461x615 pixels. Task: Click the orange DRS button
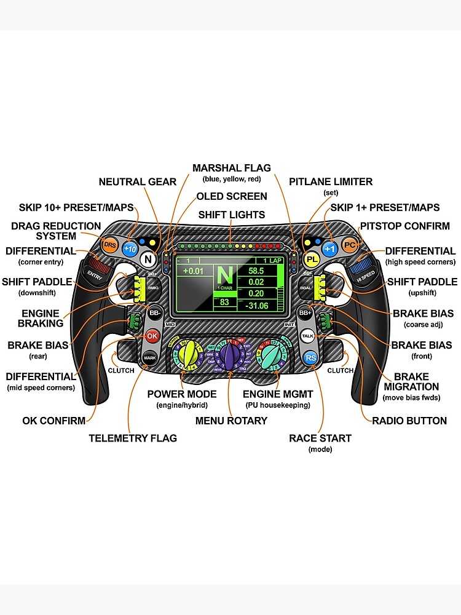pos(109,245)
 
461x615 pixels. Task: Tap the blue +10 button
pos(130,249)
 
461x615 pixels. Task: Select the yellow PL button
pos(312,259)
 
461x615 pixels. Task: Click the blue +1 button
pos(330,249)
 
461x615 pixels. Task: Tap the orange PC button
pos(350,245)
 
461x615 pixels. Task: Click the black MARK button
pos(149,357)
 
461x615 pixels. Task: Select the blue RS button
pos(311,357)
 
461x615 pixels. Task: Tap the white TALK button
pos(308,336)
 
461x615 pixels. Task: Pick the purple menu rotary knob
pos(230,355)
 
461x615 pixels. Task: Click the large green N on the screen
pos(225,275)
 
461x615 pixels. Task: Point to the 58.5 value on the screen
pos(256,271)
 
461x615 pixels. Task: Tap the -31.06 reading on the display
pos(256,305)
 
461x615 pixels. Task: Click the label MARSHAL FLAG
pos(231,168)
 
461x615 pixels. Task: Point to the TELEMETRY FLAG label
pos(133,438)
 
